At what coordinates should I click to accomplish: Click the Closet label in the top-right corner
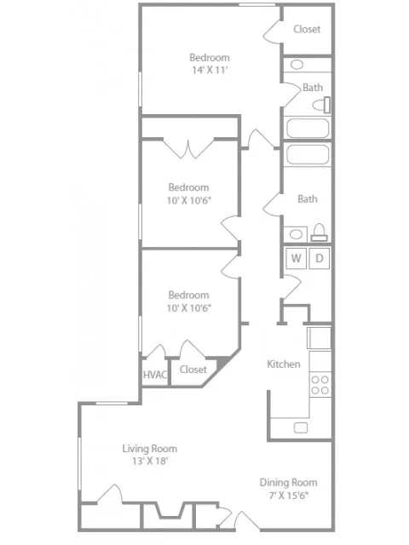point(307,29)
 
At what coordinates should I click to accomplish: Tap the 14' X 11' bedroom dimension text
point(209,72)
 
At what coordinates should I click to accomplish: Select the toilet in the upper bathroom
point(321,106)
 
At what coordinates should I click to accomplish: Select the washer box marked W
point(296,258)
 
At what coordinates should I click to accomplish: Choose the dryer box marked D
point(320,258)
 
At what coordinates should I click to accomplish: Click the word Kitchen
point(284,364)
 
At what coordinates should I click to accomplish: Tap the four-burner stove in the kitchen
point(320,384)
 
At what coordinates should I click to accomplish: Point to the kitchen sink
point(300,427)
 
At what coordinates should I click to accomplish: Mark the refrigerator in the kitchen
point(320,338)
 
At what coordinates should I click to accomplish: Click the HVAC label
point(153,372)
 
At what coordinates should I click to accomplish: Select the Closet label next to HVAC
point(193,370)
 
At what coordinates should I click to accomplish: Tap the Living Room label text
point(150,449)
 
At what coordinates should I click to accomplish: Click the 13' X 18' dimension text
point(150,462)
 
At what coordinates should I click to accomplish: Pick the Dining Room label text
point(288,482)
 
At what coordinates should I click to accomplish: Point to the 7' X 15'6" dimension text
point(288,495)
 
